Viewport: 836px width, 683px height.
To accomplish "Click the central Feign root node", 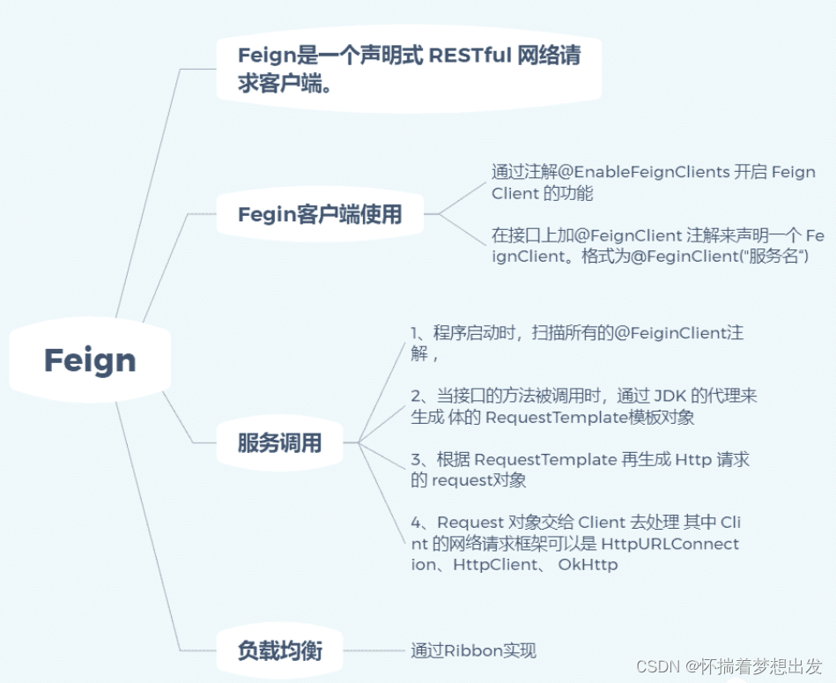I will (x=90, y=360).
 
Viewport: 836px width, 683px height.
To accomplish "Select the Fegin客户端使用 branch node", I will (x=319, y=214).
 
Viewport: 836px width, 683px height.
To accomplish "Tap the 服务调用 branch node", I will (x=279, y=443).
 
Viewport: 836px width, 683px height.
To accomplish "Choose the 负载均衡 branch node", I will (x=279, y=651).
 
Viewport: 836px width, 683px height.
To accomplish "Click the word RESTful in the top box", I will (x=470, y=55).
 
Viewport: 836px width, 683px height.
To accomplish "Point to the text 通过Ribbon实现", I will (x=473, y=651).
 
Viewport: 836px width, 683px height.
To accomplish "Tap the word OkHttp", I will (x=588, y=565).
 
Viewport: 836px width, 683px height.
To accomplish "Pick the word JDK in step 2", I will (x=670, y=397).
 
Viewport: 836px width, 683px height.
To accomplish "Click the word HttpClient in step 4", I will (x=494, y=565).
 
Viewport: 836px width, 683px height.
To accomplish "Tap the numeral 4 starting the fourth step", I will (x=417, y=523).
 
